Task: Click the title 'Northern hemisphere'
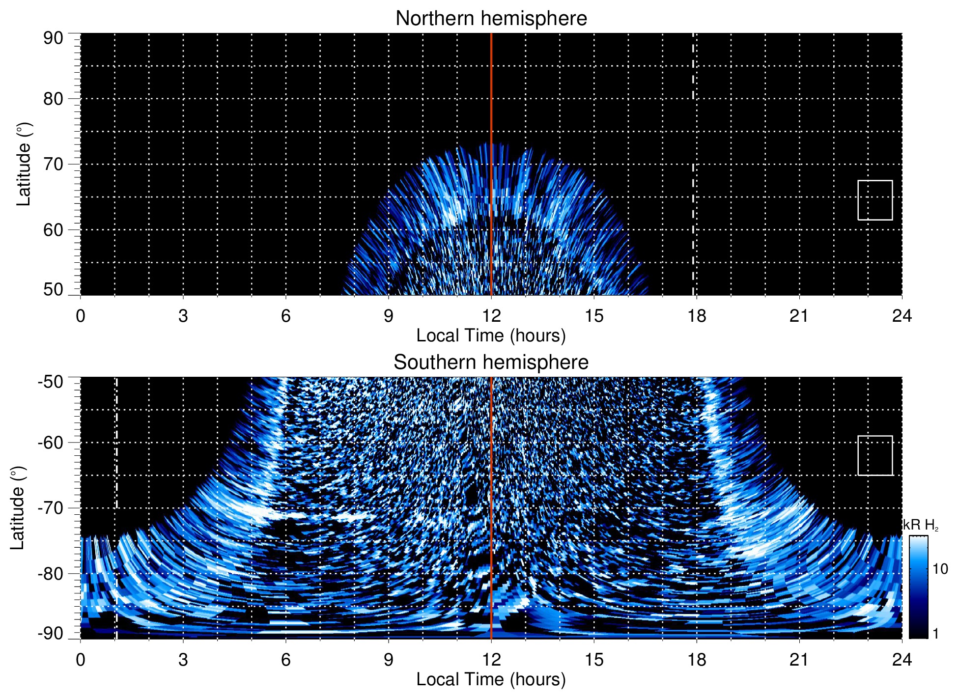coord(491,19)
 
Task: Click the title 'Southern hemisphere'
coord(491,363)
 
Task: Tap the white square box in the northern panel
coord(875,200)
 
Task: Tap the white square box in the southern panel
coord(875,455)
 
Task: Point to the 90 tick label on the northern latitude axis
coord(53,38)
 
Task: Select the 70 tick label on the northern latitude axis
coord(53,164)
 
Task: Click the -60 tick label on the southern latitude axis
coord(51,443)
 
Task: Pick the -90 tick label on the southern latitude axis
coord(51,634)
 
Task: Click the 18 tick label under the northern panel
coord(697,316)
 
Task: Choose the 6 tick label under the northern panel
coord(286,316)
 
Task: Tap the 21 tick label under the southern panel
coord(799,660)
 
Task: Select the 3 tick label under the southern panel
coord(183,660)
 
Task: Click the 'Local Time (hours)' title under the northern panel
coord(491,336)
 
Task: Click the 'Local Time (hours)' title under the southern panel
coord(491,680)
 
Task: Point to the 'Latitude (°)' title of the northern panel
coord(24,164)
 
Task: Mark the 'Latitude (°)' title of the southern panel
coord(18,508)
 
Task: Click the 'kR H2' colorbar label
coord(921,525)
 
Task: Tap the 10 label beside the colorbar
coord(940,569)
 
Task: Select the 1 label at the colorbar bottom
coord(935,634)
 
